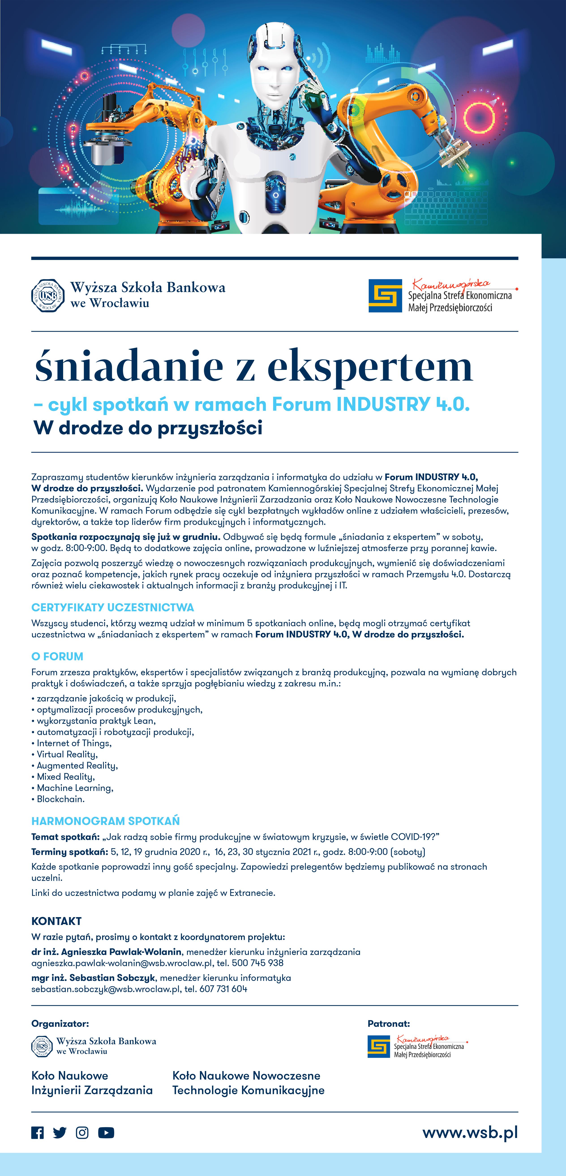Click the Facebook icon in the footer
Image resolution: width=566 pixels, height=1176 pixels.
[37, 1133]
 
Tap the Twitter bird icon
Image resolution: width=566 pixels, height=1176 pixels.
[59, 1133]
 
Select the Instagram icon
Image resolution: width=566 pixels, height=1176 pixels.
[82, 1133]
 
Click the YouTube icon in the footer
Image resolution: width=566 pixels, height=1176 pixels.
[106, 1133]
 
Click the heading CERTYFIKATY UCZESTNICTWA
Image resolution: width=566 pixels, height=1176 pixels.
[112, 608]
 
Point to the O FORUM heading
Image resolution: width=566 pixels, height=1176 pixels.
[57, 656]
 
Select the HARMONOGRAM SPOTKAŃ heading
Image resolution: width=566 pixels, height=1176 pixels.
[105, 821]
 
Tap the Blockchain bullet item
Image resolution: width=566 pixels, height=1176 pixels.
[61, 799]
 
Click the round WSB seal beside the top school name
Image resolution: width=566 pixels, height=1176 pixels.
[47, 295]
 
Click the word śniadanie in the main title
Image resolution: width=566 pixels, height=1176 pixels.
[129, 366]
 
